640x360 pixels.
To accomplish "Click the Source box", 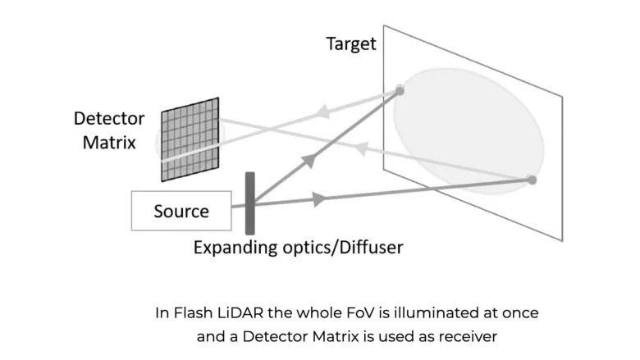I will tap(181, 211).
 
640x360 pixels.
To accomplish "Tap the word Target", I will tap(350, 43).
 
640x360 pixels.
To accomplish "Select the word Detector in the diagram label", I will tap(109, 118).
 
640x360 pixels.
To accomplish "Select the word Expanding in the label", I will tap(232, 246).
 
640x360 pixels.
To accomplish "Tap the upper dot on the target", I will tap(400, 90).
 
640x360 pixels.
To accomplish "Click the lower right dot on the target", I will tap(532, 180).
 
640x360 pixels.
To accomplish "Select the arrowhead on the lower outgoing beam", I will tap(320, 198).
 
